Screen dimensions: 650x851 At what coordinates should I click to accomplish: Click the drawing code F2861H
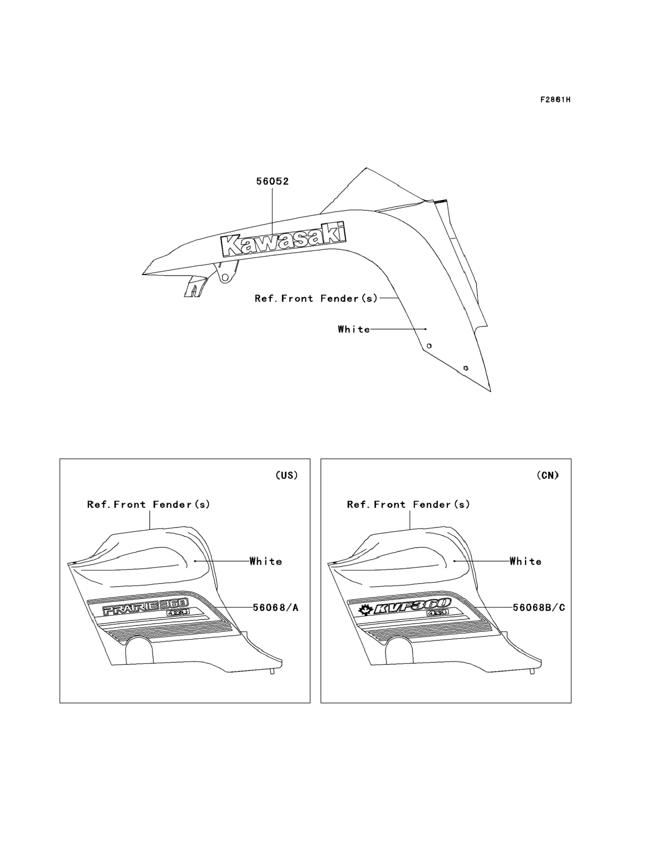coord(555,100)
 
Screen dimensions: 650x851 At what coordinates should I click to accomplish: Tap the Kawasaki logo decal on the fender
coord(284,240)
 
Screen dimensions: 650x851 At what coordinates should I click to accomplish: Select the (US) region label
coord(287,475)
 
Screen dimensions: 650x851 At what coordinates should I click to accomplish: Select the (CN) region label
coord(548,475)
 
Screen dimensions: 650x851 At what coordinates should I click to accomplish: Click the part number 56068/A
coord(276,608)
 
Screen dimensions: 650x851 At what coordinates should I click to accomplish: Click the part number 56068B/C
coord(539,608)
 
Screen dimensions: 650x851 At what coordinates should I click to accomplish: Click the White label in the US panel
coord(266,561)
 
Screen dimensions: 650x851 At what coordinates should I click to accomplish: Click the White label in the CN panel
coord(525,561)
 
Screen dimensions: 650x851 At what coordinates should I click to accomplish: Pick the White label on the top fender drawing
coord(353,329)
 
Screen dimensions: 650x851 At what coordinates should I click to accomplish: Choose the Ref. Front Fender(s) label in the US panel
coord(148,504)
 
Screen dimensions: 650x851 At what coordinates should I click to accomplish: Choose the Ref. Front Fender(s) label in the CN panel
coord(409,504)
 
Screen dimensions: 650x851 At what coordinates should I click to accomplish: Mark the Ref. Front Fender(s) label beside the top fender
coord(316,298)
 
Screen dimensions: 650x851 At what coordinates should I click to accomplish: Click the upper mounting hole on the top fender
coord(429,346)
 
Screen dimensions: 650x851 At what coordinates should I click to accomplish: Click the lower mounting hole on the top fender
coord(466,368)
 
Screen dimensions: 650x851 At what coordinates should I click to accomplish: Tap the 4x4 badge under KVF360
coord(437,613)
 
